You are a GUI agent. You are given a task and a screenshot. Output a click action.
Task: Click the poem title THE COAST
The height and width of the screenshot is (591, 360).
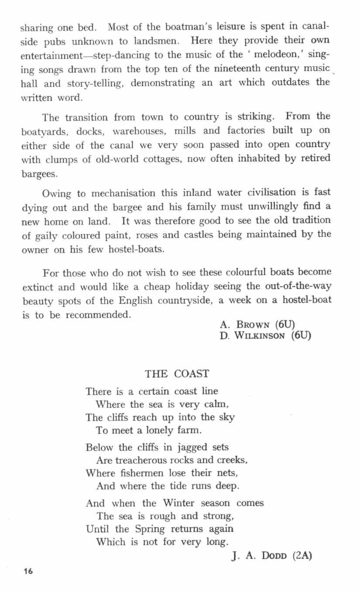click(177, 374)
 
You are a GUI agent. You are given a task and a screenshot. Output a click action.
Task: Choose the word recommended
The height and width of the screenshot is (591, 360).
click(98, 314)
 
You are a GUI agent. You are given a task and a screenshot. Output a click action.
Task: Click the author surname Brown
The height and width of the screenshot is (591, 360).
click(254, 325)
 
